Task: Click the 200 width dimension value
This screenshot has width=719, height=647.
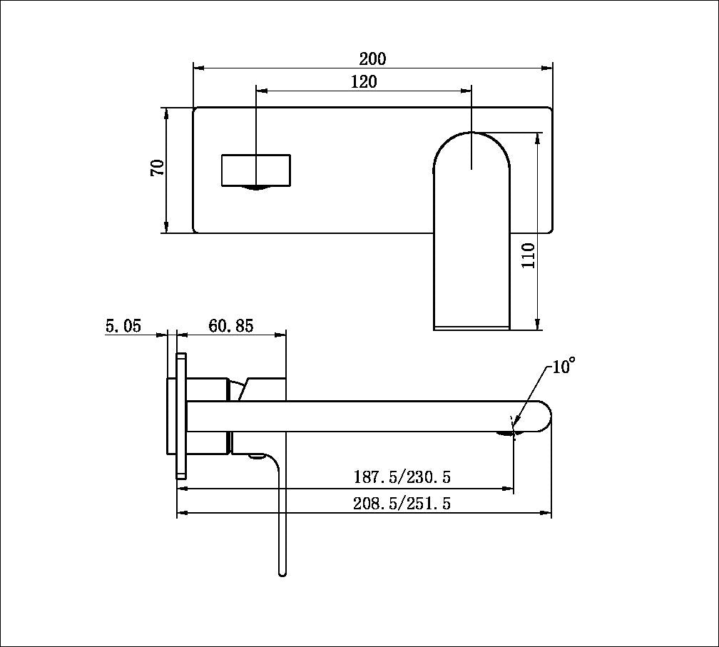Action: pyautogui.click(x=372, y=58)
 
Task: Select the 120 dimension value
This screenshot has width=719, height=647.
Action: pyautogui.click(x=364, y=81)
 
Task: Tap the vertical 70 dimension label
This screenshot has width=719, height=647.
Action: pyautogui.click(x=157, y=168)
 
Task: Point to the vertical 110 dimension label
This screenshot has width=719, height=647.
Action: pyautogui.click(x=528, y=255)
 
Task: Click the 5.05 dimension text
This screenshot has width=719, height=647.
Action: pyautogui.click(x=123, y=326)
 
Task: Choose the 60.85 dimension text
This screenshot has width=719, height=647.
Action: pyautogui.click(x=231, y=326)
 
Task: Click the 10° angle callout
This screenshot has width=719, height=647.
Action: pyautogui.click(x=563, y=367)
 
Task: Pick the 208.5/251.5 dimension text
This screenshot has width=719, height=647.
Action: pyautogui.click(x=402, y=503)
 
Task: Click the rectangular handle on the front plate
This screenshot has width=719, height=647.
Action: pyautogui.click(x=256, y=170)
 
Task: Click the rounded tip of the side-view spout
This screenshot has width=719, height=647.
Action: pyautogui.click(x=545, y=416)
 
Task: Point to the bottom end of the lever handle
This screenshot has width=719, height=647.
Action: pyautogui.click(x=282, y=570)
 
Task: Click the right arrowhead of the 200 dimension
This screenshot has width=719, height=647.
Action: pyautogui.click(x=548, y=68)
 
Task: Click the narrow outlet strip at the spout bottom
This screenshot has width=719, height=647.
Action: pyautogui.click(x=471, y=327)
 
